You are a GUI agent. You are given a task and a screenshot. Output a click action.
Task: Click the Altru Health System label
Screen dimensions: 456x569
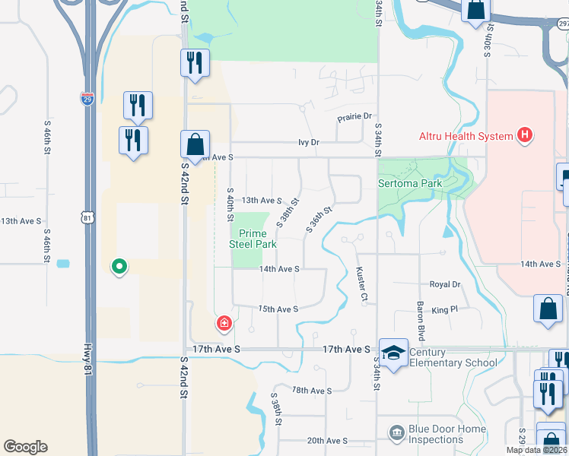[x=466, y=137]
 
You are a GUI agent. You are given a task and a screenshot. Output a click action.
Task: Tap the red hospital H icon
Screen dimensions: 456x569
[x=523, y=136]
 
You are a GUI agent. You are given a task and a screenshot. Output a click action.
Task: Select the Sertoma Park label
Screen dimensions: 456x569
[x=410, y=184]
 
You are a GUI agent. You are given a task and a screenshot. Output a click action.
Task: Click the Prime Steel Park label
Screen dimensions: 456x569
[x=253, y=239]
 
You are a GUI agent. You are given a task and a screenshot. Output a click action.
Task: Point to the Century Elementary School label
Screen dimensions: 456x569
[x=453, y=357]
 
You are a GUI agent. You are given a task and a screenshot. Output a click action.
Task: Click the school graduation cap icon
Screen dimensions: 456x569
[x=393, y=353]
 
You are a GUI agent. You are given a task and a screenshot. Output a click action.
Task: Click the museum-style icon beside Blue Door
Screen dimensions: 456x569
[x=396, y=433]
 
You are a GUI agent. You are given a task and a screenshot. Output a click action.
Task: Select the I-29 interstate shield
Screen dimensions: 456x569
[x=87, y=99]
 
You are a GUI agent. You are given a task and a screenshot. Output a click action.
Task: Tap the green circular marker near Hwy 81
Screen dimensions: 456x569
[x=119, y=266]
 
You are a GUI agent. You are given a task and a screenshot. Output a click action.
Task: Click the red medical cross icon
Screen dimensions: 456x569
[x=224, y=325]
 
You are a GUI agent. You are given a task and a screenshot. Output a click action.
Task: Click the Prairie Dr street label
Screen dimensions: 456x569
[x=354, y=116]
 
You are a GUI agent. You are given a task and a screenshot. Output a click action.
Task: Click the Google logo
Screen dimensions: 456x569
[x=25, y=447]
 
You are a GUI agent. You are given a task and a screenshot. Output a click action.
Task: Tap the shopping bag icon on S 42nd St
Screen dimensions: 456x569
[x=195, y=144]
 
